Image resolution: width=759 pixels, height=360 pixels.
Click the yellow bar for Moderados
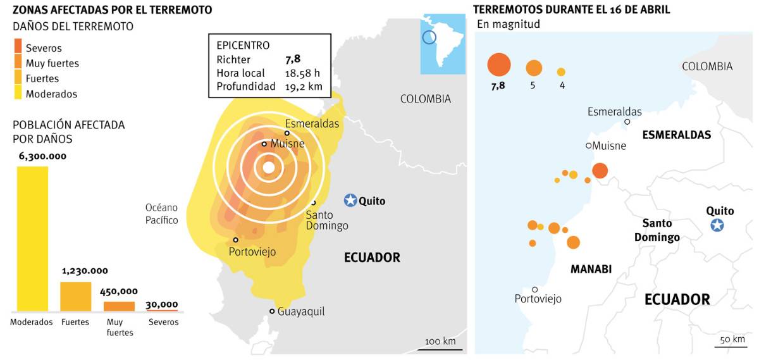tap(31, 239)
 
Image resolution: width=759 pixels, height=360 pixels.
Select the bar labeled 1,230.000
tap(75, 296)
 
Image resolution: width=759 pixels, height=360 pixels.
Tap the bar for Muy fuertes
tap(119, 306)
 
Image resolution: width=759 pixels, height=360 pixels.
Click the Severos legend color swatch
tap(18, 47)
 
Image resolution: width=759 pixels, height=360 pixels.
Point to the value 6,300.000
tap(39, 156)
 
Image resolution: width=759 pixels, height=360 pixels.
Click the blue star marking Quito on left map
tap(350, 201)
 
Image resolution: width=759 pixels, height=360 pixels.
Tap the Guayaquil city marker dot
tap(272, 311)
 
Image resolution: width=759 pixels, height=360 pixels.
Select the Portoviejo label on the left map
tap(252, 252)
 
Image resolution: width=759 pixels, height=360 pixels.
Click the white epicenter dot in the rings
tap(269, 168)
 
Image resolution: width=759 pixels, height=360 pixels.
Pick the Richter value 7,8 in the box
tap(293, 59)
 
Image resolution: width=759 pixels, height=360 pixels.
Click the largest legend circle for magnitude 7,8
tap(498, 65)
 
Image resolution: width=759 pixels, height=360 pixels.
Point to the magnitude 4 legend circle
tap(561, 71)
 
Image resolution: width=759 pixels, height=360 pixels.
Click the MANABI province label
tap(591, 269)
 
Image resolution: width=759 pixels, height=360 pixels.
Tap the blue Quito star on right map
tap(717, 225)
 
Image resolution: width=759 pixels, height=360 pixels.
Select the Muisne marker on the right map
tap(588, 146)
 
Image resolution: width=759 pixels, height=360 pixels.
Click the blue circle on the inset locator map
tap(429, 37)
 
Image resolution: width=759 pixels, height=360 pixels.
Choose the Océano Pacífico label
tap(162, 214)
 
